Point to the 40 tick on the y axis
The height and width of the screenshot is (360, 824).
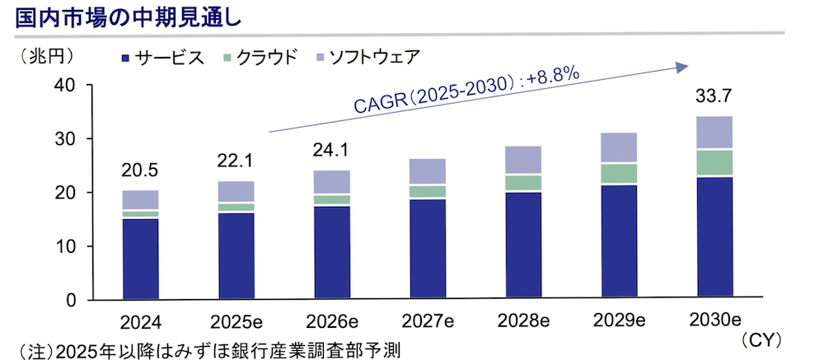[x=63, y=86]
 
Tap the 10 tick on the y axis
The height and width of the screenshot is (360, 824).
[x=63, y=246]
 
